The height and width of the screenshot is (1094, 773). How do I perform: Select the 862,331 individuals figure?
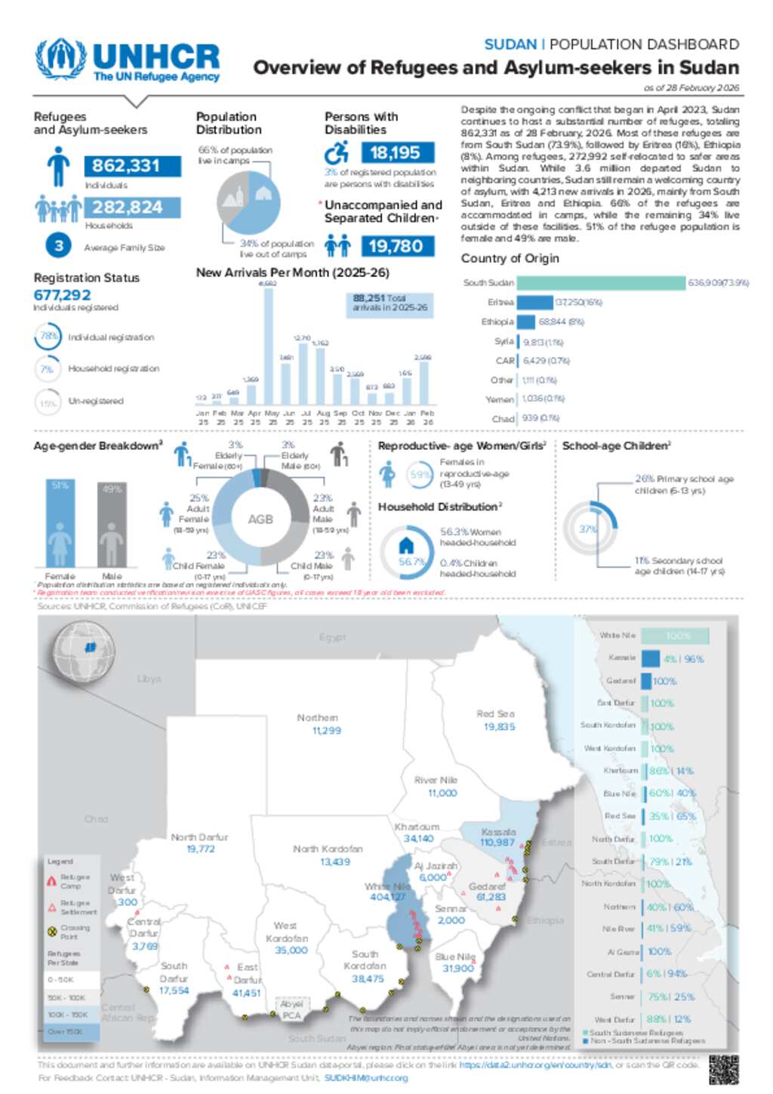(x=125, y=166)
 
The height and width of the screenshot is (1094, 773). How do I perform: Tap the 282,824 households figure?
(x=127, y=208)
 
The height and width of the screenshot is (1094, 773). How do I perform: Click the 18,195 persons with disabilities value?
(x=395, y=153)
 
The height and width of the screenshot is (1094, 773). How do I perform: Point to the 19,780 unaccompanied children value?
(x=395, y=246)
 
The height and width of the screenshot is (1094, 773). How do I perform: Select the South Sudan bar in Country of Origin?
(x=601, y=283)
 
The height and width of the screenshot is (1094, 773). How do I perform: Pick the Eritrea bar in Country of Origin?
(x=534, y=303)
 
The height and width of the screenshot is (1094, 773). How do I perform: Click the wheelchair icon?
(x=337, y=153)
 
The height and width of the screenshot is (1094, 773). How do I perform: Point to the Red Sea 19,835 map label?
(x=496, y=720)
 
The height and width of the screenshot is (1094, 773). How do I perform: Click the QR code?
(x=723, y=1068)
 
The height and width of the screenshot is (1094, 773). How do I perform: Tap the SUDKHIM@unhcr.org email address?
(x=366, y=1078)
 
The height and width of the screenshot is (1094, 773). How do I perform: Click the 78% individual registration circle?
(x=48, y=337)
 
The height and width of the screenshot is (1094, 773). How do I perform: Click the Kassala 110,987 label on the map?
(x=497, y=837)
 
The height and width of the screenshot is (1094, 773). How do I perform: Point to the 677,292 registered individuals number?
(x=63, y=295)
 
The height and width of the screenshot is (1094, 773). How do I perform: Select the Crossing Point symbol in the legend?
(x=52, y=932)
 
